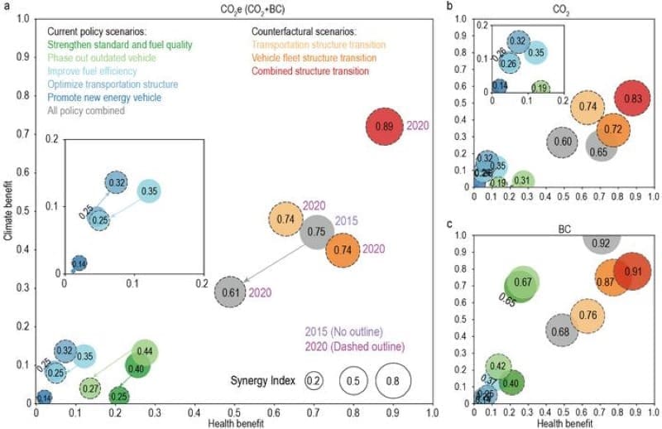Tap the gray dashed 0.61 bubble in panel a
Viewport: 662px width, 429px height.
(234, 292)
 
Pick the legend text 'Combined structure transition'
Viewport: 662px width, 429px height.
(311, 71)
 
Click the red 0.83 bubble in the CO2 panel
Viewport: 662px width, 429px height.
(633, 99)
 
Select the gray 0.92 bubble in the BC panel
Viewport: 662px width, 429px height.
(602, 241)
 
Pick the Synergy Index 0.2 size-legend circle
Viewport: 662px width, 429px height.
(314, 381)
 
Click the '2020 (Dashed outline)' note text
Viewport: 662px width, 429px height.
(357, 346)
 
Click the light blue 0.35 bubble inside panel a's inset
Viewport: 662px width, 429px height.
(148, 191)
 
